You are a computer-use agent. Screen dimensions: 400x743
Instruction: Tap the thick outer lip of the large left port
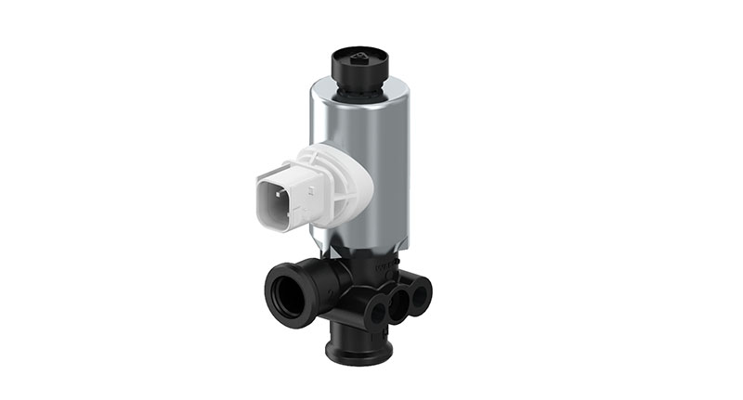pyautogui.click(x=275, y=284)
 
